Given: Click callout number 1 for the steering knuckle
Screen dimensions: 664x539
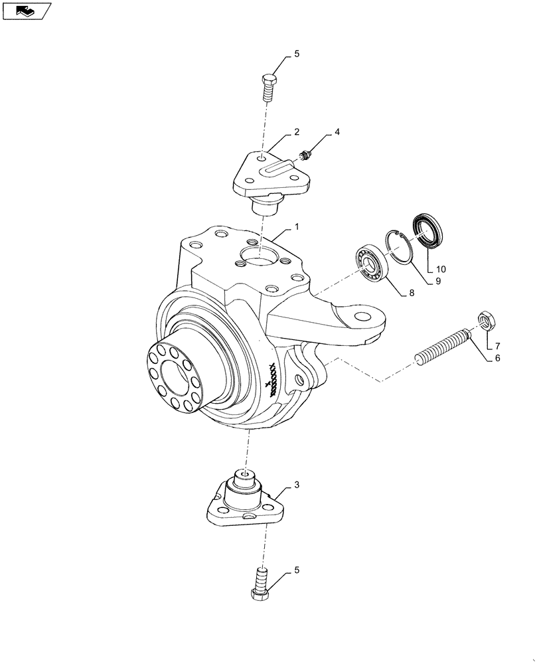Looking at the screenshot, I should [x=297, y=227].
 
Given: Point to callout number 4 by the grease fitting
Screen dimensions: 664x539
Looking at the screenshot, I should [x=337, y=132].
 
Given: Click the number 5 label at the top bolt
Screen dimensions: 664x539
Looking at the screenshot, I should [x=297, y=54].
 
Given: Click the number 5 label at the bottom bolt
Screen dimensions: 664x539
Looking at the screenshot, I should [x=297, y=570].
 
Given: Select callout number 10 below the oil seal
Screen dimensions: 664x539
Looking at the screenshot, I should [x=441, y=269].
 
